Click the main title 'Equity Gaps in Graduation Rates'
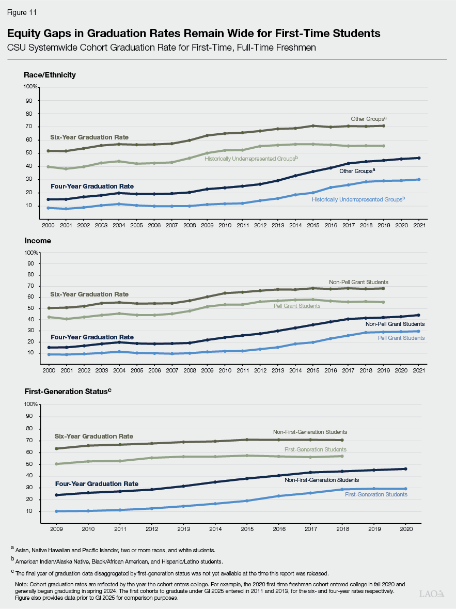click(x=194, y=34)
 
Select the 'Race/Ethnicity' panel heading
click(x=50, y=75)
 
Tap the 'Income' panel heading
click(x=38, y=241)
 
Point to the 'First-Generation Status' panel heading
click(x=68, y=392)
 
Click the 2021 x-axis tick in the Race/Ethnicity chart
click(x=418, y=225)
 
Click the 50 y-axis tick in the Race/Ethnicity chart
click(x=35, y=153)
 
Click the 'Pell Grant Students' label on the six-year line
click(x=297, y=306)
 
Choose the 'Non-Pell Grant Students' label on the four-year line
click(x=395, y=324)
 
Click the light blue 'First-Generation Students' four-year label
click(x=376, y=494)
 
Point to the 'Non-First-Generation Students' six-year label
click(x=310, y=432)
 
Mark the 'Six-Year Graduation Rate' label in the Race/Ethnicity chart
click(x=89, y=137)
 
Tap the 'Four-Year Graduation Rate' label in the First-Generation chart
click(x=97, y=484)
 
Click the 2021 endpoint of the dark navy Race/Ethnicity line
click(x=418, y=158)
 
